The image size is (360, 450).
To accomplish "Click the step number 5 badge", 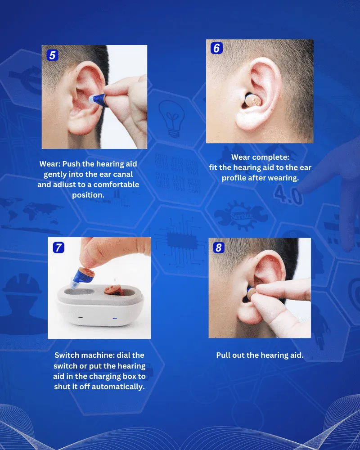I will pyautogui.click(x=52, y=55).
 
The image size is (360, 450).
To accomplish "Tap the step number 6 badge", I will pyautogui.click(x=216, y=48).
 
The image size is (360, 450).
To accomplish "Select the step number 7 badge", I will pyautogui.click(x=58, y=247).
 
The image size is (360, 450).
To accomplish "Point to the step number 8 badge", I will pyautogui.click(x=218, y=247).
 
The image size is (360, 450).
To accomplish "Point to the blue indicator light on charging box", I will pyautogui.click(x=115, y=318).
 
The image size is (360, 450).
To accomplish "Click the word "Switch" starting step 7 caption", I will pyautogui.click(x=67, y=355).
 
